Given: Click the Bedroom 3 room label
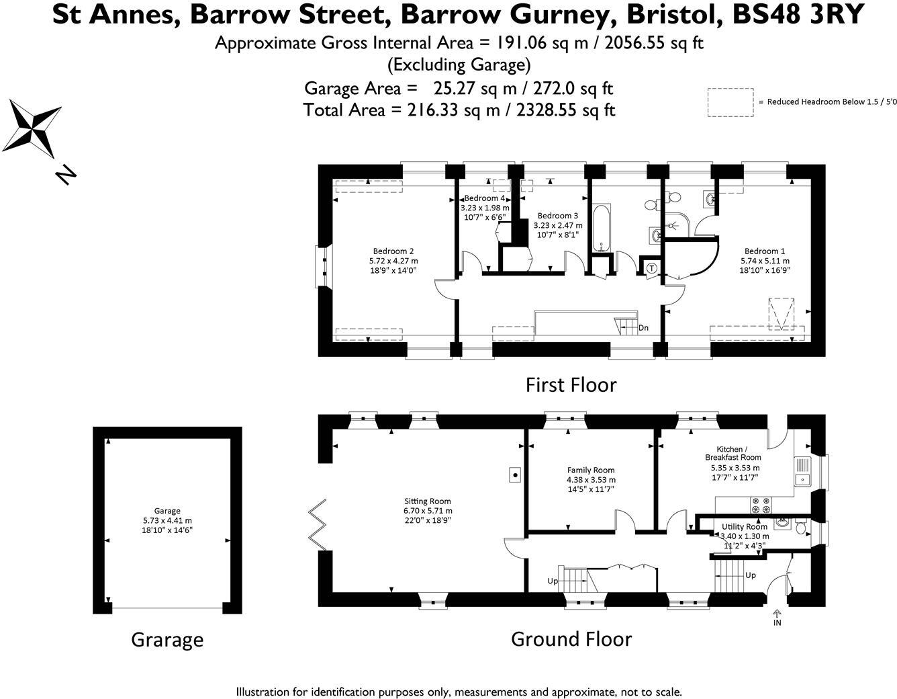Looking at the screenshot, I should click(557, 216).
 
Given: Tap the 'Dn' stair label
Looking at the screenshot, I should click(643, 328).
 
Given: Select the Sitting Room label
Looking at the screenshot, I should click(427, 501).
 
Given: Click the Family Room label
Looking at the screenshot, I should click(591, 470).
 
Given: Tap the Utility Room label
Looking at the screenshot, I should click(744, 527).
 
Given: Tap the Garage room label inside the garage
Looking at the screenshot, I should click(167, 511).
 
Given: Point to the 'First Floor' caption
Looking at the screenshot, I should click(571, 384).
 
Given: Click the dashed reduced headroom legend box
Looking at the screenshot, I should click(730, 102).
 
